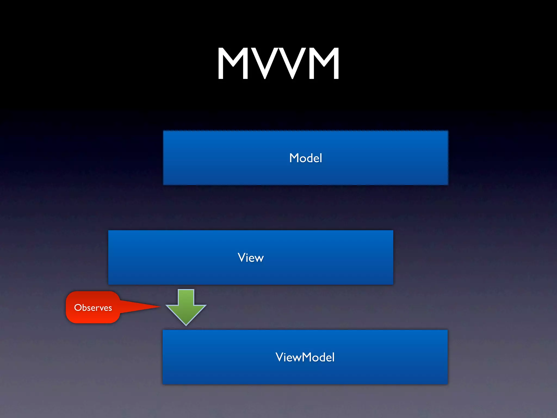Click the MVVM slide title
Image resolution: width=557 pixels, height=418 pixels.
[x=278, y=63]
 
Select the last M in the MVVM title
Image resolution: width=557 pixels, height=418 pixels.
[x=324, y=63]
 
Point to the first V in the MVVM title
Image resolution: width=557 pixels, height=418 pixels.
[x=264, y=63]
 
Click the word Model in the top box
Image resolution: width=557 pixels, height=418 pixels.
[x=306, y=158]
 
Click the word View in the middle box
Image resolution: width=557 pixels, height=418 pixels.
[x=250, y=258]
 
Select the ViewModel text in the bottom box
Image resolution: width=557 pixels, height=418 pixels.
[x=305, y=357]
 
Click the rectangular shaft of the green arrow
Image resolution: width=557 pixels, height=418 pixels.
[x=186, y=297]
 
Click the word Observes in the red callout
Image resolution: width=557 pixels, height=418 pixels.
[x=93, y=308]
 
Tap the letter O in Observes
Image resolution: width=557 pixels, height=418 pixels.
[x=78, y=308]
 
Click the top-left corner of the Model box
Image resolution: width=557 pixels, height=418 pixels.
[x=163, y=131]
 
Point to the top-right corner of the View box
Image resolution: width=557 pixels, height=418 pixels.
[x=393, y=231]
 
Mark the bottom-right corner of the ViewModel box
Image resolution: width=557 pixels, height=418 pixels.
[x=447, y=384]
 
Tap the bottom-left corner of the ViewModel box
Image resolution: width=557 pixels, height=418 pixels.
[x=163, y=384]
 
